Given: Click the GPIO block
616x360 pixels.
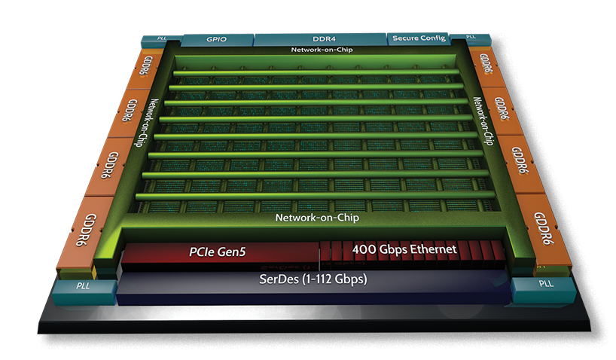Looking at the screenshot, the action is point(217,40).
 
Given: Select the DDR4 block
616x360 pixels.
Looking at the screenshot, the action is point(321,39).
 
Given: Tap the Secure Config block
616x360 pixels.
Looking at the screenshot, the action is point(418,38).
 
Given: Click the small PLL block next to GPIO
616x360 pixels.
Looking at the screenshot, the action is point(161,39).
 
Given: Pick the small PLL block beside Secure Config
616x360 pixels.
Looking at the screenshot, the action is point(471,38).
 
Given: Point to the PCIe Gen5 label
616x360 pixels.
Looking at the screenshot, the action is point(217,252).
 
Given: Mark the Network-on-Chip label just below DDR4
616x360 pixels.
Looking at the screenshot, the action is point(322,50).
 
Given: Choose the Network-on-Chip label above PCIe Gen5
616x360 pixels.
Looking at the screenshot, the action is point(317,218).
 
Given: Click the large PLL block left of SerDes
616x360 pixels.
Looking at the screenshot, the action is point(84,292).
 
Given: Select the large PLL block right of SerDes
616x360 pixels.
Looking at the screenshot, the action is point(544,290).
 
